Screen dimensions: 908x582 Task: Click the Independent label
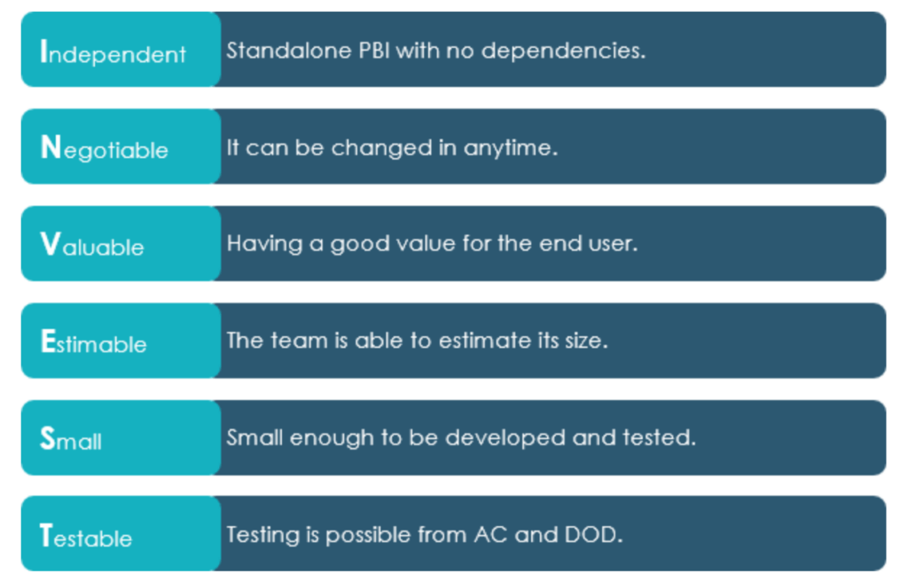(113, 52)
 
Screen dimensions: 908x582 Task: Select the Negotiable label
(105, 148)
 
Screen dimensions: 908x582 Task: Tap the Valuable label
(92, 244)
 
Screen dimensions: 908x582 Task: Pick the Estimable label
(93, 342)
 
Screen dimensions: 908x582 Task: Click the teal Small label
(71, 438)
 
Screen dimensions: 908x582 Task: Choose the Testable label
(86, 536)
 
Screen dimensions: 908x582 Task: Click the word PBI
(374, 51)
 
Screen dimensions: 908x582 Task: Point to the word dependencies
(563, 51)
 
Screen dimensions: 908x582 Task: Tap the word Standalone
(289, 51)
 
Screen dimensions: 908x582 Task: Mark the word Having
(264, 244)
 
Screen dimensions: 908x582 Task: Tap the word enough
(332, 439)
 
